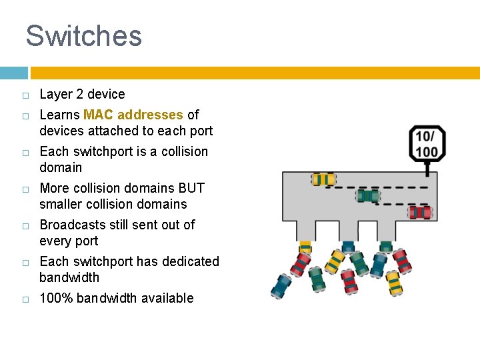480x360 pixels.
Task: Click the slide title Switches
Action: (83, 36)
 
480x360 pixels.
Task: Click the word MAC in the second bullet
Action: (98, 115)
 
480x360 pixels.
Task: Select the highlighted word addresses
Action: (150, 115)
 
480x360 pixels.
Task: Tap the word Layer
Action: (55, 94)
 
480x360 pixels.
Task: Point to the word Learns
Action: (59, 115)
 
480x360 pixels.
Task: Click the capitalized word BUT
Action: (191, 188)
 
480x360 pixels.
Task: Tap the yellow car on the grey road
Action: (323, 179)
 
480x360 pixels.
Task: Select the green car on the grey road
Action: (367, 196)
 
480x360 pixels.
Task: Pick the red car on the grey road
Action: (420, 213)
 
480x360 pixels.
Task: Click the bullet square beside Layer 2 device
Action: (24, 95)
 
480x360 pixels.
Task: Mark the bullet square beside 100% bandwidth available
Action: (24, 299)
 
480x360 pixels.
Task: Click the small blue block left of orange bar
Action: (13, 73)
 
